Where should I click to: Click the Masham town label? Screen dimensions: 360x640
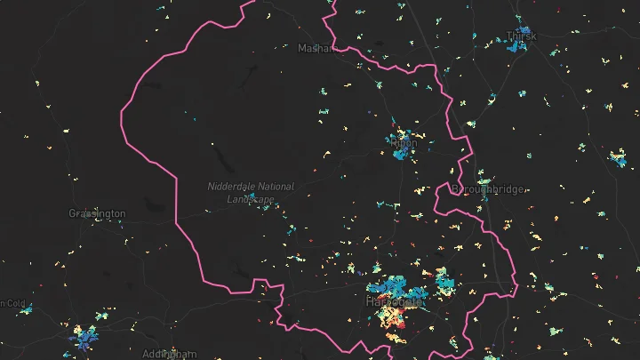pos(316,48)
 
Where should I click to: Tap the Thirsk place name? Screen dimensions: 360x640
pos(521,36)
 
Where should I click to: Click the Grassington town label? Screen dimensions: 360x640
pos(97,213)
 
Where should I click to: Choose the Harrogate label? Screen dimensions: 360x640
pos(396,302)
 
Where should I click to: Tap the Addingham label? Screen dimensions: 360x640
pos(168,354)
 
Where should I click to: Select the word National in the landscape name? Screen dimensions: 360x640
pos(274,187)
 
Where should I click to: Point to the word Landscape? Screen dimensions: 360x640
pos(227,199)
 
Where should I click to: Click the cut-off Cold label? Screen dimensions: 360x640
pos(12,303)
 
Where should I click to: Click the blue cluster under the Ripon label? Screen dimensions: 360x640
pos(402,152)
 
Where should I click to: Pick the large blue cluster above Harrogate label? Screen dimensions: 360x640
pos(391,287)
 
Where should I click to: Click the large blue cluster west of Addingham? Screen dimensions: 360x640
pos(86,336)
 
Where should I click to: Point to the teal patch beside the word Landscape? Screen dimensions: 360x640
pos(252,196)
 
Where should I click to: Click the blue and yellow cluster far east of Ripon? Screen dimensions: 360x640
pos(619,160)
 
